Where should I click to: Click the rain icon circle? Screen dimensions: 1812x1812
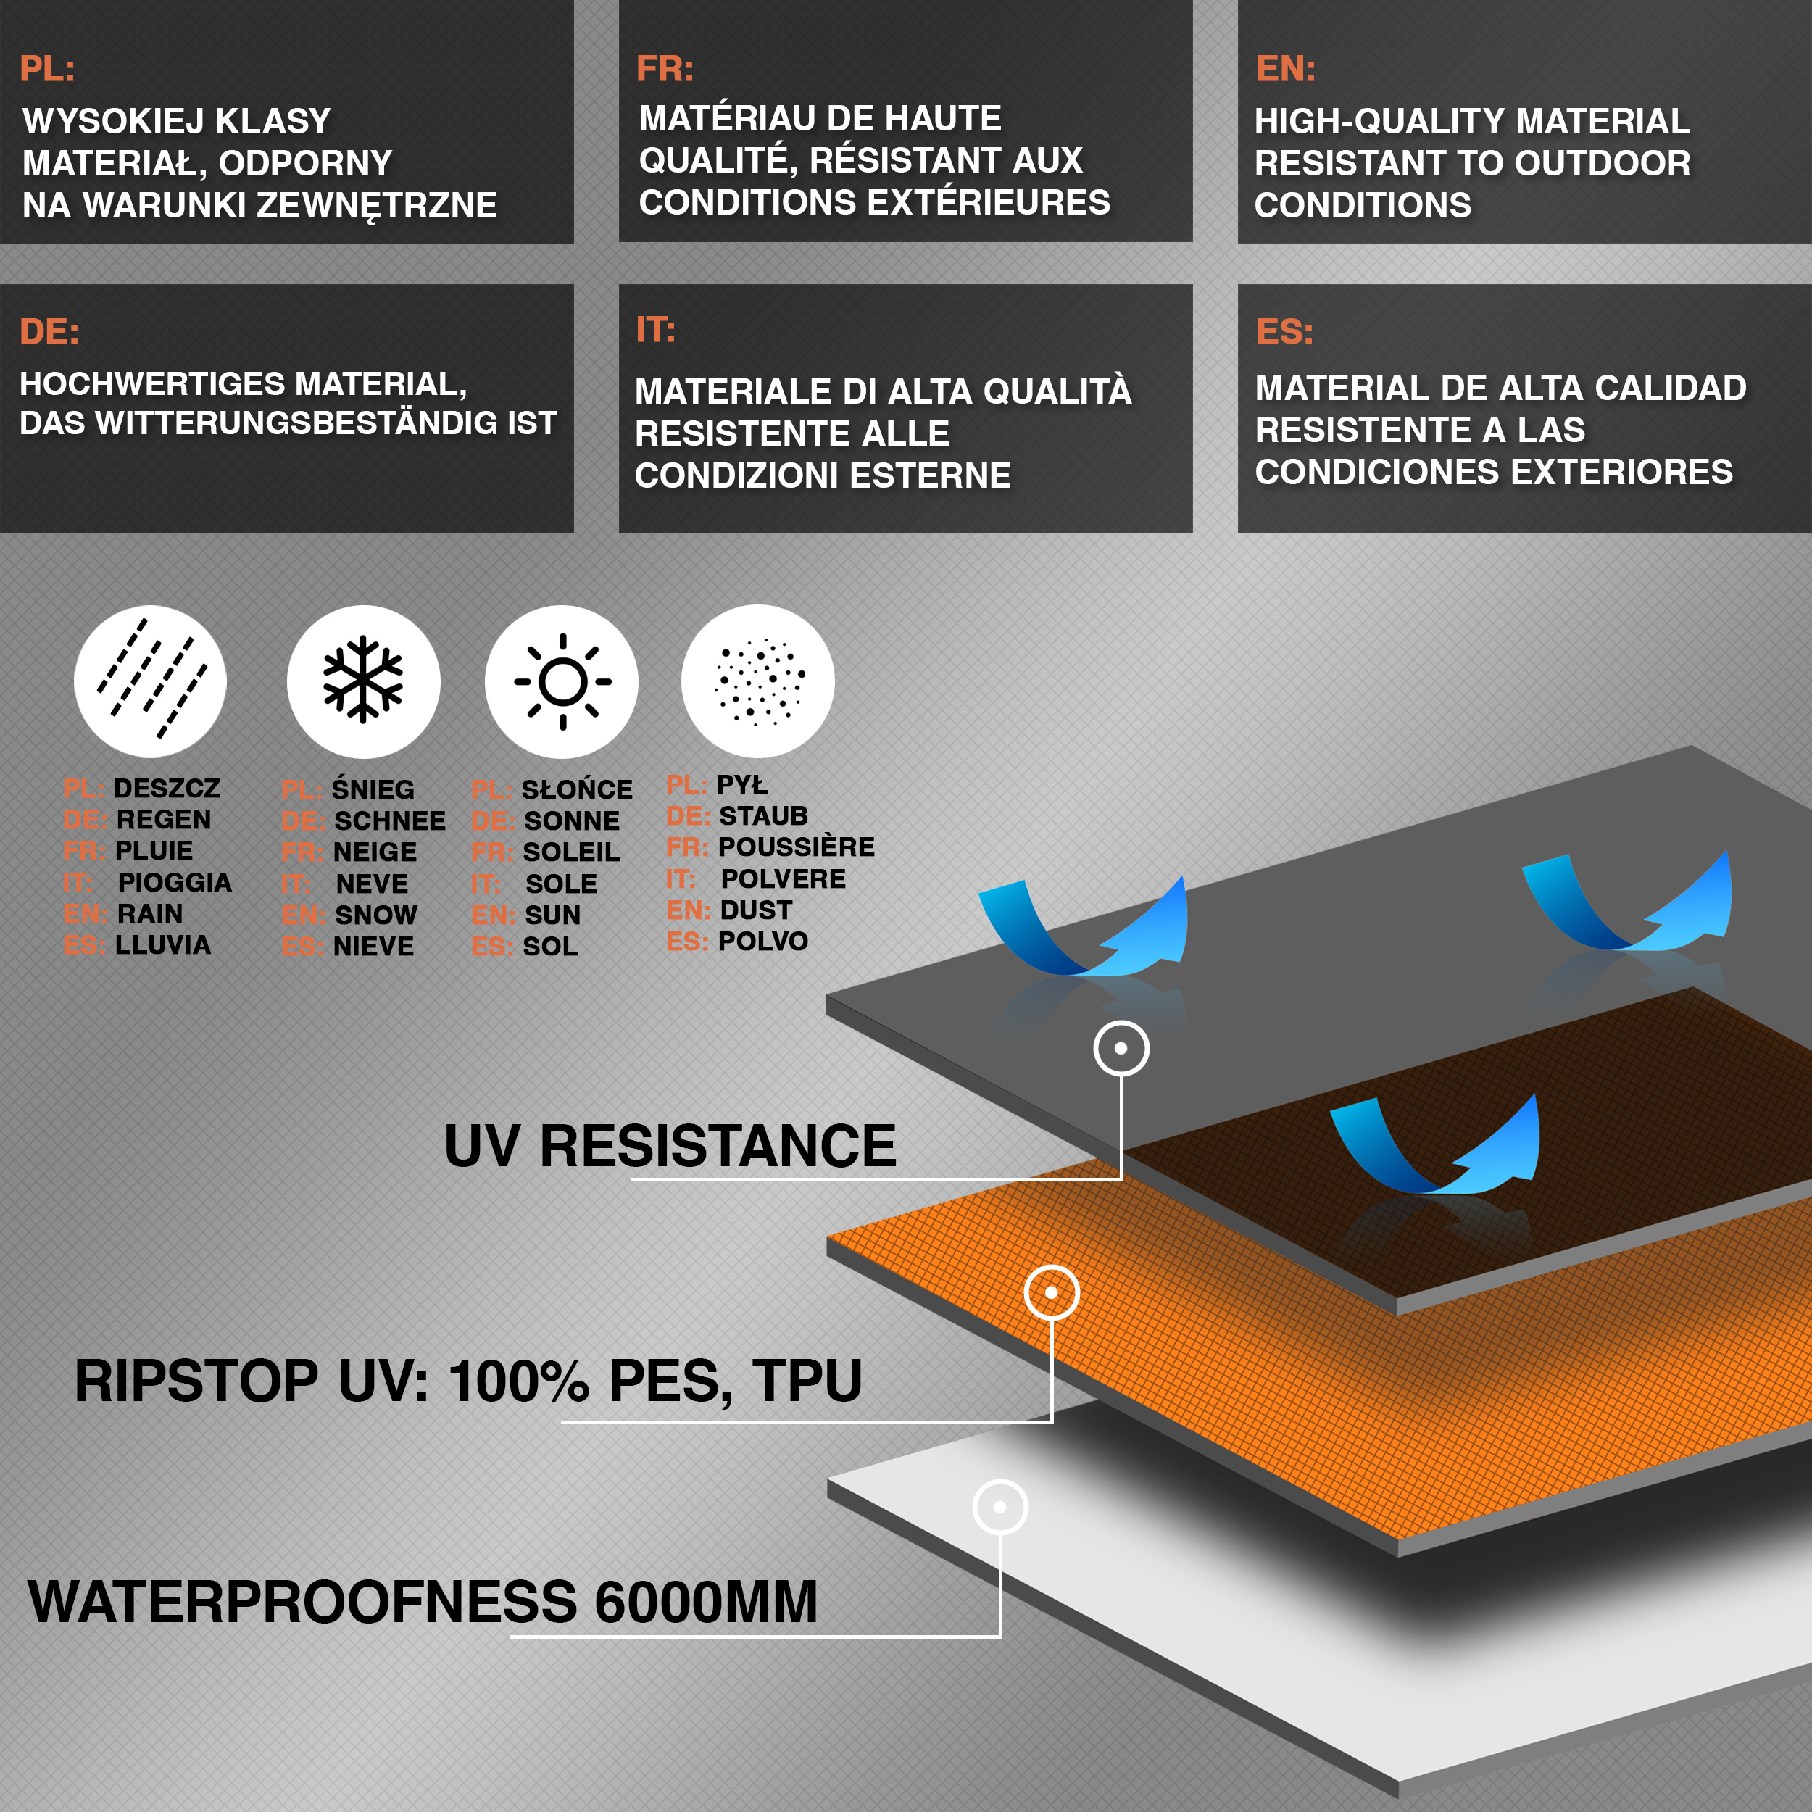[x=150, y=681]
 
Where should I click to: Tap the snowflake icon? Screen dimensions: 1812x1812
[x=363, y=681]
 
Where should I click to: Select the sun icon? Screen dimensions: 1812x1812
[x=562, y=681]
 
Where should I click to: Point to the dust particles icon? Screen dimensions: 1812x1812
[x=758, y=681]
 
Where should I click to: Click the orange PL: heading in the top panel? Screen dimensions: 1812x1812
[x=47, y=68]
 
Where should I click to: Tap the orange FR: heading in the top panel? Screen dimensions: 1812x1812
[x=665, y=68]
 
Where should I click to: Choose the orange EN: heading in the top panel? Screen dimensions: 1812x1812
[x=1285, y=68]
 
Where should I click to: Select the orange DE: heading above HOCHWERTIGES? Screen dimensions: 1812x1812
[x=49, y=331]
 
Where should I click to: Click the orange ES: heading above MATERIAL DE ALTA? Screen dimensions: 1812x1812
[x=1284, y=331]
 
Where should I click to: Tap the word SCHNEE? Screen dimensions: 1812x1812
[x=390, y=820]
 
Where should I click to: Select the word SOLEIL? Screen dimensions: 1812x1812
[x=571, y=852]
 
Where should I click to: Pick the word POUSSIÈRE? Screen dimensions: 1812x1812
[x=797, y=847]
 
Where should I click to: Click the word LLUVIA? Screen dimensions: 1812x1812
[x=163, y=944]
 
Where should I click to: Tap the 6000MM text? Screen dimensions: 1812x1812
[x=706, y=1601]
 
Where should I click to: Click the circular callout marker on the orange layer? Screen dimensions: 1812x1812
[x=1052, y=1292]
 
